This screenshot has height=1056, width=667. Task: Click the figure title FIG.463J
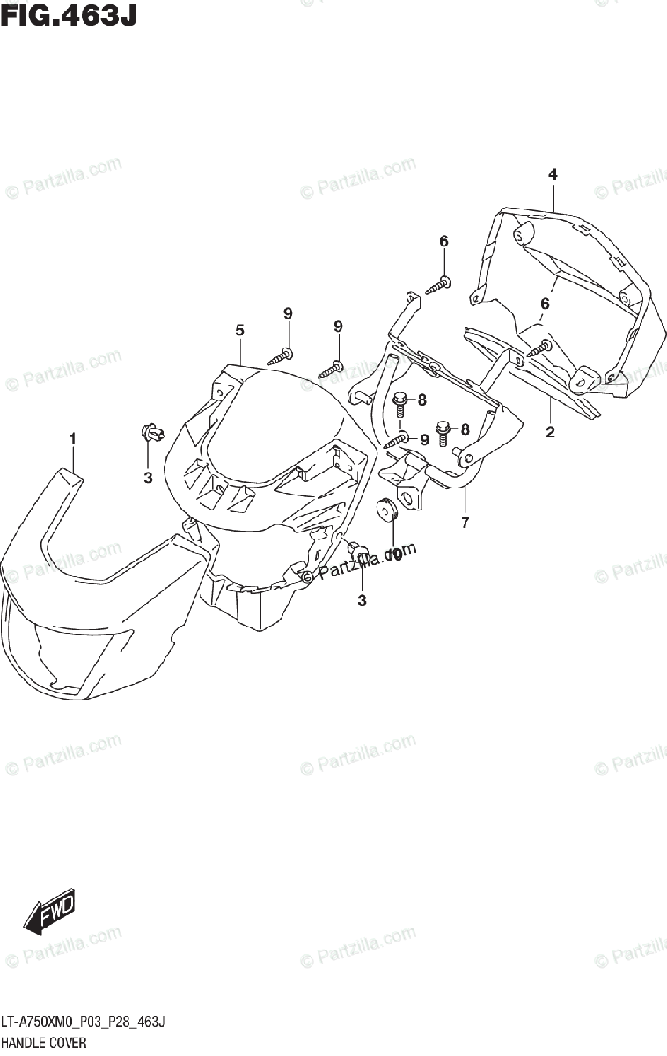69,16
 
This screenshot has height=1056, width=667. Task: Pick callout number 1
73,438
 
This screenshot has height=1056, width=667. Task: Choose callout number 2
550,431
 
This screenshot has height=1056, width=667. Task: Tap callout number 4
553,174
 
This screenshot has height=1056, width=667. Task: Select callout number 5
238,330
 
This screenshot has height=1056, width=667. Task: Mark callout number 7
465,523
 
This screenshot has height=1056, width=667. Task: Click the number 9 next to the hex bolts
424,439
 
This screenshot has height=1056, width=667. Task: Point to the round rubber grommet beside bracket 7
388,510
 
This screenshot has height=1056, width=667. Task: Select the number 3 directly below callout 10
362,600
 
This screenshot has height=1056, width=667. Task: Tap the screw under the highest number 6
438,285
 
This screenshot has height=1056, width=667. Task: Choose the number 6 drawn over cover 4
545,303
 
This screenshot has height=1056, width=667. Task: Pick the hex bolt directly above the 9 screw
399,404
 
